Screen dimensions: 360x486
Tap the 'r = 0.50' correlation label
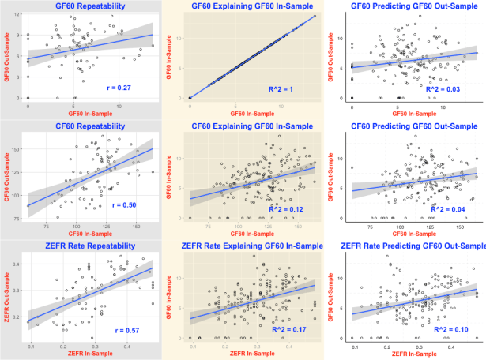(x=119, y=204)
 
